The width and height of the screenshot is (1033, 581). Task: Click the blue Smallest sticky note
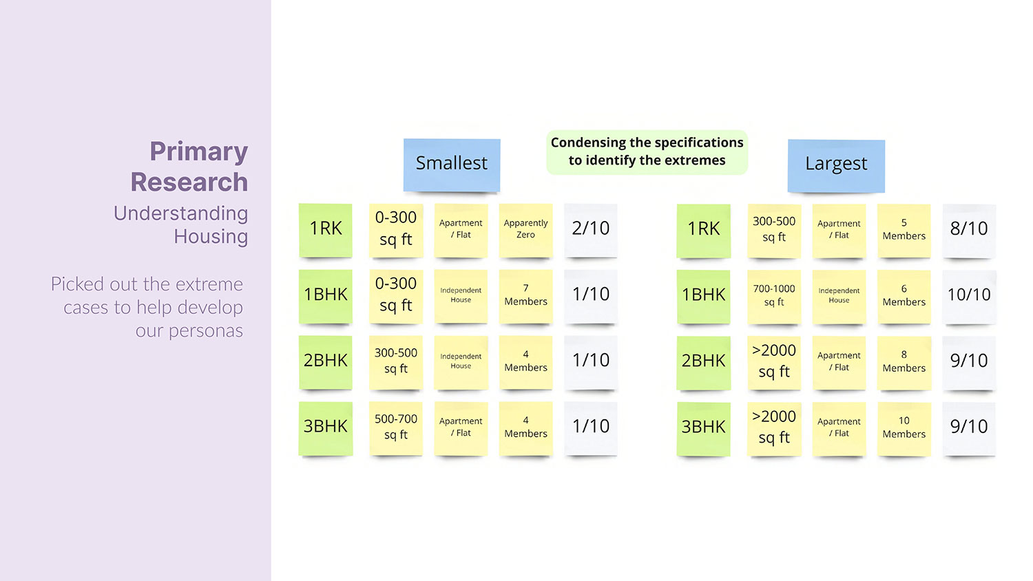[x=452, y=164]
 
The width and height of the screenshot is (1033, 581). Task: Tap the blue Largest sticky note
[x=836, y=165]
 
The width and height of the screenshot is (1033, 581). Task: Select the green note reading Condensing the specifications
[x=647, y=151]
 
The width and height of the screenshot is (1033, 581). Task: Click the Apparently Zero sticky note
[x=525, y=229]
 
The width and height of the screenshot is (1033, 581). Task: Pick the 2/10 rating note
[x=590, y=229]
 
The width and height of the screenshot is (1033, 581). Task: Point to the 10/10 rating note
[x=969, y=295]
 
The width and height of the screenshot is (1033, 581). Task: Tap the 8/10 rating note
[x=969, y=229]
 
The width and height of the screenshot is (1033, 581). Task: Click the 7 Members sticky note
[x=525, y=295]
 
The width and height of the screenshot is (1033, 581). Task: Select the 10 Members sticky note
[x=904, y=427]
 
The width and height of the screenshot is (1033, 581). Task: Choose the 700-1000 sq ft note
[x=774, y=295]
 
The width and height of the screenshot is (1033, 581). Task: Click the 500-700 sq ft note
[x=396, y=427]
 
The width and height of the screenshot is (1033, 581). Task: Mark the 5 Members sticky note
[x=904, y=229]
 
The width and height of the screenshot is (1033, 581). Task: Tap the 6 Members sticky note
[x=904, y=295]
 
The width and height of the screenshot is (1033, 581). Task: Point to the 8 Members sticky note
[x=904, y=361]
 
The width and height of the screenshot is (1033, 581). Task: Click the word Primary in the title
[x=198, y=152]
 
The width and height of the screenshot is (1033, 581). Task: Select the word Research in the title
[x=189, y=182]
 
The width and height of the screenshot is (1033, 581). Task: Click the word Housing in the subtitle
[x=210, y=237]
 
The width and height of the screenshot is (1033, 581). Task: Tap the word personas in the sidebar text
[x=205, y=332]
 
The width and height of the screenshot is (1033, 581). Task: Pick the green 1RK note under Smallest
[x=326, y=229]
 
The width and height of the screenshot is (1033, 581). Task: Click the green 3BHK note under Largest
[x=703, y=427]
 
